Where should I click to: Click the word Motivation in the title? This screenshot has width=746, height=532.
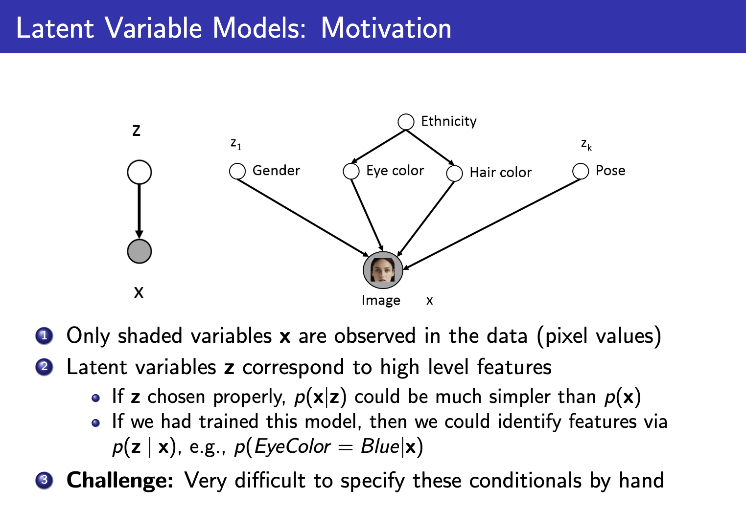pos(386,28)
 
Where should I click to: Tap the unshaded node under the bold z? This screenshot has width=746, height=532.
pos(139,172)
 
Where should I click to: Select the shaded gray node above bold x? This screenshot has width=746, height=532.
pos(139,251)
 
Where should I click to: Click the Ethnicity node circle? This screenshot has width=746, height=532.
pos(406,122)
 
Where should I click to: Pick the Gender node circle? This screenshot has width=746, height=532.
pos(237,171)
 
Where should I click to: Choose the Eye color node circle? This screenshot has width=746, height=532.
pos(351,171)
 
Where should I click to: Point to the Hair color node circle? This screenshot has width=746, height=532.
pos(454,173)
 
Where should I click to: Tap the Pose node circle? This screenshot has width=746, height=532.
pos(581,171)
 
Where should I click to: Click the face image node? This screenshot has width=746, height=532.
pos(383,270)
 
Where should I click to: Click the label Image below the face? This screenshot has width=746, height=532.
pos(381,300)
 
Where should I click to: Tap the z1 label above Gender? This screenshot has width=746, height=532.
pos(236,144)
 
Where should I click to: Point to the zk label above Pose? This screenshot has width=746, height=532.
pos(586,144)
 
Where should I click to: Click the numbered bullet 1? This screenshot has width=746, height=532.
pos(44,336)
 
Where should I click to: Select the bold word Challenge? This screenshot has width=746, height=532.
pos(120,480)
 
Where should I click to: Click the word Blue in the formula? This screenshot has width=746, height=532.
pos(380,446)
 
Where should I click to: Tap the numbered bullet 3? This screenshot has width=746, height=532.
pos(44,480)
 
